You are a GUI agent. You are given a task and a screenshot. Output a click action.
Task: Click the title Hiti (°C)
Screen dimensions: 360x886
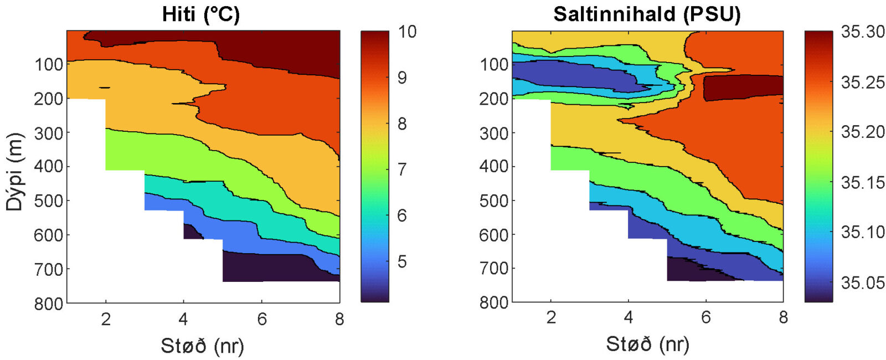pos(201,14)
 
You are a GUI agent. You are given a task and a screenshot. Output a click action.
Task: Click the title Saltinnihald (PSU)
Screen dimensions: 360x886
pos(647,14)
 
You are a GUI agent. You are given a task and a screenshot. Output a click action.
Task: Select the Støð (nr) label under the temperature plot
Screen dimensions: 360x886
pos(202,346)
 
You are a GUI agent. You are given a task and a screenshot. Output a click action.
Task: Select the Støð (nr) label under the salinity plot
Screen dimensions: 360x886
pos(647,344)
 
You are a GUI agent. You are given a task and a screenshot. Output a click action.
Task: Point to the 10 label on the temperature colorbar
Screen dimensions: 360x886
pos(406,32)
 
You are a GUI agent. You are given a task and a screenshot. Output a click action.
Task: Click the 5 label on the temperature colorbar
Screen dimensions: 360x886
pos(402,261)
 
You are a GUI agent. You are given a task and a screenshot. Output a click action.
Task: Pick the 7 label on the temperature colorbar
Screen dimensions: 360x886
pos(402,169)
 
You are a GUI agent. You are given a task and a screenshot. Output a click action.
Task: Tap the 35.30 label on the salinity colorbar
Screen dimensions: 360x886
pos(862,32)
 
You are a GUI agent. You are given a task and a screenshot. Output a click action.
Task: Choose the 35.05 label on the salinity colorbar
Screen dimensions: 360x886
pos(862,282)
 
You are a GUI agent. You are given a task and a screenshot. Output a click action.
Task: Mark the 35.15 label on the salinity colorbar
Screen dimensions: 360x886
pos(862,182)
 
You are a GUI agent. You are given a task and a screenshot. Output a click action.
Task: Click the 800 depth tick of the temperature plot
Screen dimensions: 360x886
pos(49,304)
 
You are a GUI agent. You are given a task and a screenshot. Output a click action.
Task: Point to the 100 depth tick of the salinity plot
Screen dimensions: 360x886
pos(494,64)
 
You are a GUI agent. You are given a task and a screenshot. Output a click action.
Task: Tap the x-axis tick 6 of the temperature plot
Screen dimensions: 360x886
pos(262,318)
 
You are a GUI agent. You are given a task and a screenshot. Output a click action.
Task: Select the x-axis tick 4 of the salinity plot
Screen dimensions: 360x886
pos(628,317)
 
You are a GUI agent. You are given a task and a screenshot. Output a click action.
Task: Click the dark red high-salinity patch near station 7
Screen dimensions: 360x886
pos(742,87)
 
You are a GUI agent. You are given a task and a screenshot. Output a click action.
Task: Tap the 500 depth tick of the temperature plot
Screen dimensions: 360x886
pos(49,200)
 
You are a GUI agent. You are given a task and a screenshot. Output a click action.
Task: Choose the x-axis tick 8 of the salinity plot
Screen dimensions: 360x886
pos(783,317)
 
